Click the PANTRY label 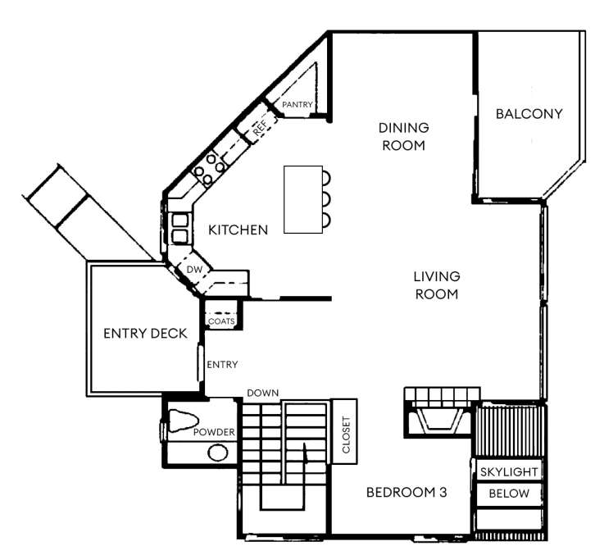click(x=297, y=104)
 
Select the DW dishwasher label click(x=195, y=270)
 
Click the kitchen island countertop click(x=303, y=199)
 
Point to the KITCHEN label click(x=238, y=230)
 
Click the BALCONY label click(x=529, y=114)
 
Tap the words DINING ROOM click(x=404, y=136)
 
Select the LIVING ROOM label click(x=437, y=285)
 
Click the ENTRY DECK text click(x=145, y=334)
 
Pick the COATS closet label click(x=221, y=321)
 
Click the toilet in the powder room click(x=183, y=421)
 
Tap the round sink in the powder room click(x=218, y=453)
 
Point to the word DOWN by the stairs click(x=262, y=393)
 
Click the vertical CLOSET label click(x=346, y=434)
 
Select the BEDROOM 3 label click(x=407, y=493)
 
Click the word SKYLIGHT click(x=509, y=472)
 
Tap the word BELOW click(x=509, y=494)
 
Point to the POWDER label click(x=214, y=432)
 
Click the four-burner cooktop click(x=210, y=171)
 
